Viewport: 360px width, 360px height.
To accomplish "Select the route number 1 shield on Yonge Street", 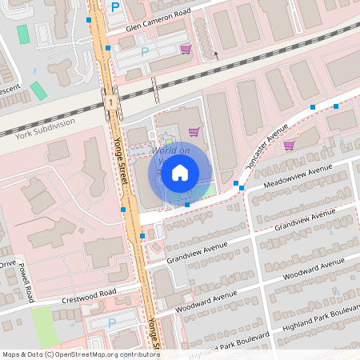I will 110,102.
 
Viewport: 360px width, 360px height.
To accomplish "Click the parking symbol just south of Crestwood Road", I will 112,322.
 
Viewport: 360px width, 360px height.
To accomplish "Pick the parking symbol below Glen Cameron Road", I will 145,52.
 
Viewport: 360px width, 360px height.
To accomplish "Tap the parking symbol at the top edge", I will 115,7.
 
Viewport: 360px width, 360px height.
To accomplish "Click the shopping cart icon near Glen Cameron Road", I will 186,50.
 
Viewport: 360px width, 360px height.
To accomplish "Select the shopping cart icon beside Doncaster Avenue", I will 289,145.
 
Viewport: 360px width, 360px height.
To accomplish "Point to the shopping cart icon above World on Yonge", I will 193,131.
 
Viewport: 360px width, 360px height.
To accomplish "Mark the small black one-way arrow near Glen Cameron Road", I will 214,55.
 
